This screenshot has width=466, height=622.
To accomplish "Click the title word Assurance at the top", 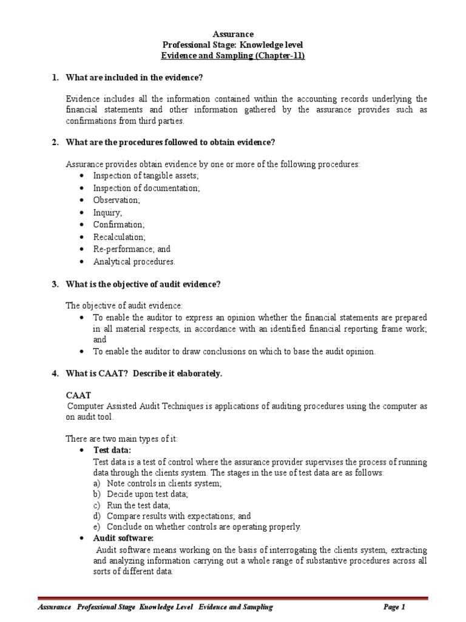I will [x=234, y=34].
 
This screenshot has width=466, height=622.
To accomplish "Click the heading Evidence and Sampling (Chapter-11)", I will [x=232, y=56].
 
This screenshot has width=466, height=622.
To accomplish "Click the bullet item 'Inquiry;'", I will [x=107, y=213].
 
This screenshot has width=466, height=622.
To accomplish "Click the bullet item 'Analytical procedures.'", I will [x=134, y=262].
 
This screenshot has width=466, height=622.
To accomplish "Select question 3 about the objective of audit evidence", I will [x=143, y=284].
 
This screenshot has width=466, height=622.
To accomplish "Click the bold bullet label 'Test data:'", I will [x=112, y=450].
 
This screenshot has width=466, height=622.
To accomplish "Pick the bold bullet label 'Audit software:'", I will [x=123, y=538].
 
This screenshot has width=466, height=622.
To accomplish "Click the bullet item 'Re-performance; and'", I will [x=132, y=250].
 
